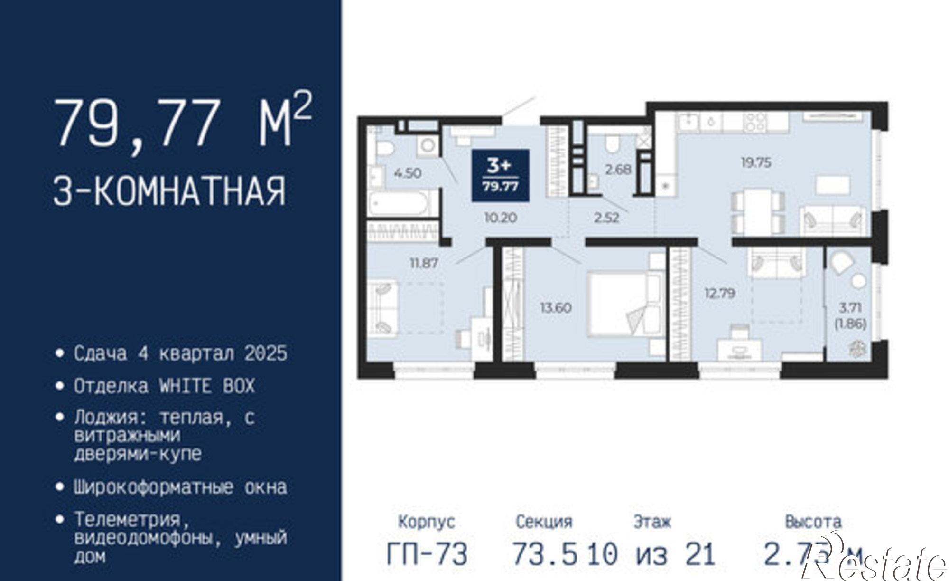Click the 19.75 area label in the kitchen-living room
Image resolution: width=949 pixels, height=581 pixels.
click(756, 163)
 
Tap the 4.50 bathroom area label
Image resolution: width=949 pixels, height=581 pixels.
click(408, 173)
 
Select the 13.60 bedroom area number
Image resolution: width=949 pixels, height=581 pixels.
click(556, 308)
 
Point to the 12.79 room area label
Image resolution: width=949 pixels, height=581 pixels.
click(720, 293)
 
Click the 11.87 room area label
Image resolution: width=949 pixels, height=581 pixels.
click(424, 263)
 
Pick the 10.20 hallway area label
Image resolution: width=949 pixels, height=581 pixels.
click(501, 218)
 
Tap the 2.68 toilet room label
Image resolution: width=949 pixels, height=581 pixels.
click(618, 169)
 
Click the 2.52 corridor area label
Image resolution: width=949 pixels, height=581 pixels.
click(607, 218)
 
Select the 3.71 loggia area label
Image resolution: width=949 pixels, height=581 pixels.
click(850, 308)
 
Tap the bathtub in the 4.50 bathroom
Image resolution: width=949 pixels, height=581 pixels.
click(404, 205)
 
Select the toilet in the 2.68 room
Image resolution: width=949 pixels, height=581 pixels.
click(613, 144)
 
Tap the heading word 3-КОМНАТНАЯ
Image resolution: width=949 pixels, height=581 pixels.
click(169, 191)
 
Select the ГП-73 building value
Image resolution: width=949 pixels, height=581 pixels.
click(427, 554)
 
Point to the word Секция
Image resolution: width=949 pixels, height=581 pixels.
click(544, 522)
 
